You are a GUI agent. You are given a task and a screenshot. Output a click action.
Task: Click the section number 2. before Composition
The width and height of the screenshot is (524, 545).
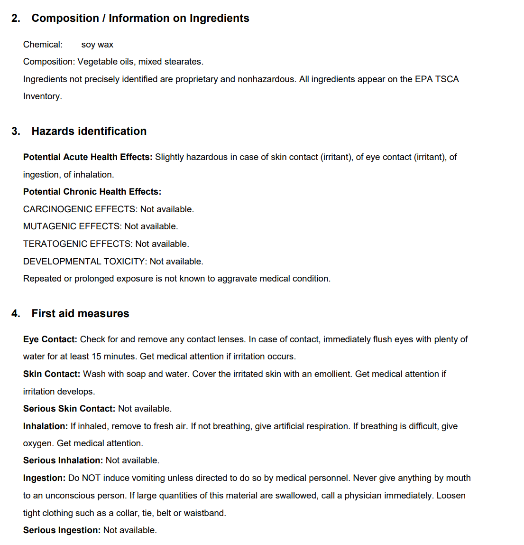click(16, 19)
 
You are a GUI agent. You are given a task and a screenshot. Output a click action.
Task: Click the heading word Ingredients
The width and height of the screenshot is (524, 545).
click(219, 19)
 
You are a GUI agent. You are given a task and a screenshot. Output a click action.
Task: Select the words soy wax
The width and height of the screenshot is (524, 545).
click(97, 45)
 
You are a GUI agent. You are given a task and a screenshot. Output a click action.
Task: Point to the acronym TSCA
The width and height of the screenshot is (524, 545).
click(447, 79)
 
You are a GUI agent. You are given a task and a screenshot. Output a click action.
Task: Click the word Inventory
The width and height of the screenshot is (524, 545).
click(42, 96)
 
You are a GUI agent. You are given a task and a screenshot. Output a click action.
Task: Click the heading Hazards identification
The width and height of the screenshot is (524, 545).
click(89, 132)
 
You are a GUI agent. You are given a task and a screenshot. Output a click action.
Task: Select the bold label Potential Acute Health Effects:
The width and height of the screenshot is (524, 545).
click(88, 157)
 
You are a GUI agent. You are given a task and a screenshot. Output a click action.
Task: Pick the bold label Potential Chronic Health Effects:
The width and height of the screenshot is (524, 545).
click(92, 192)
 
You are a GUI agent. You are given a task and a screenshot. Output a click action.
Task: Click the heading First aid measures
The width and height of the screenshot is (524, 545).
click(80, 314)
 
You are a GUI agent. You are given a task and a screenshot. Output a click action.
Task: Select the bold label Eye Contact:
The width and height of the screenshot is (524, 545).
click(50, 339)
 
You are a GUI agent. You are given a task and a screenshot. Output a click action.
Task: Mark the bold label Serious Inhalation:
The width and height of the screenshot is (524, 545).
click(63, 460)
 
